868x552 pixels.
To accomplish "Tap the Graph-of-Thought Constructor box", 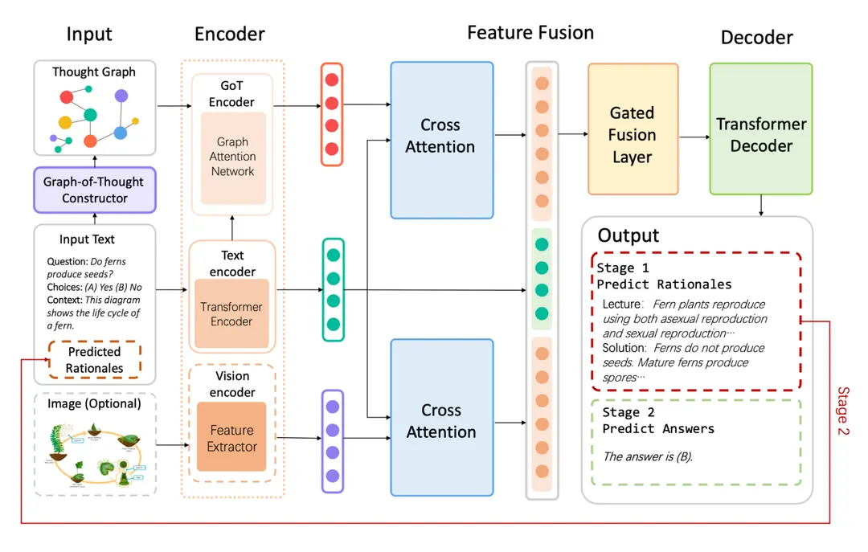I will pos(95,190).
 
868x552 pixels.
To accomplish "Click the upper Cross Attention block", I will pos(441,140).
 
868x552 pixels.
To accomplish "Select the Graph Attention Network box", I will pos(232,157).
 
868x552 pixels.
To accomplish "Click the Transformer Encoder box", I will pos(231,313).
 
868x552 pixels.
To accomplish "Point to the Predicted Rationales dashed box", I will pos(95,360).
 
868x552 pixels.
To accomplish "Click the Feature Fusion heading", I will pos(530,33).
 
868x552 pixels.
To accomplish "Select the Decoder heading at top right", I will pos(756,38).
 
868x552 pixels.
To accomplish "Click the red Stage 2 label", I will pos(843,411).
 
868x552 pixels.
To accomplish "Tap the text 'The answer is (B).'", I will pos(648,456).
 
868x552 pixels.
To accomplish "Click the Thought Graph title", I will pos(94,72).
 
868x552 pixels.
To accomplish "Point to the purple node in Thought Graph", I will pos(121,96).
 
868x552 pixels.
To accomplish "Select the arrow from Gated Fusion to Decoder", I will pos(693,137).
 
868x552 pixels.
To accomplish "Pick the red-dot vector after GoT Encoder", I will pos(331,114).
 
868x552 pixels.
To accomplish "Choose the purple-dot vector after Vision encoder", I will pos(332,441).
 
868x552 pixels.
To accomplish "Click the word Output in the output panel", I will pos(628,235).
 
